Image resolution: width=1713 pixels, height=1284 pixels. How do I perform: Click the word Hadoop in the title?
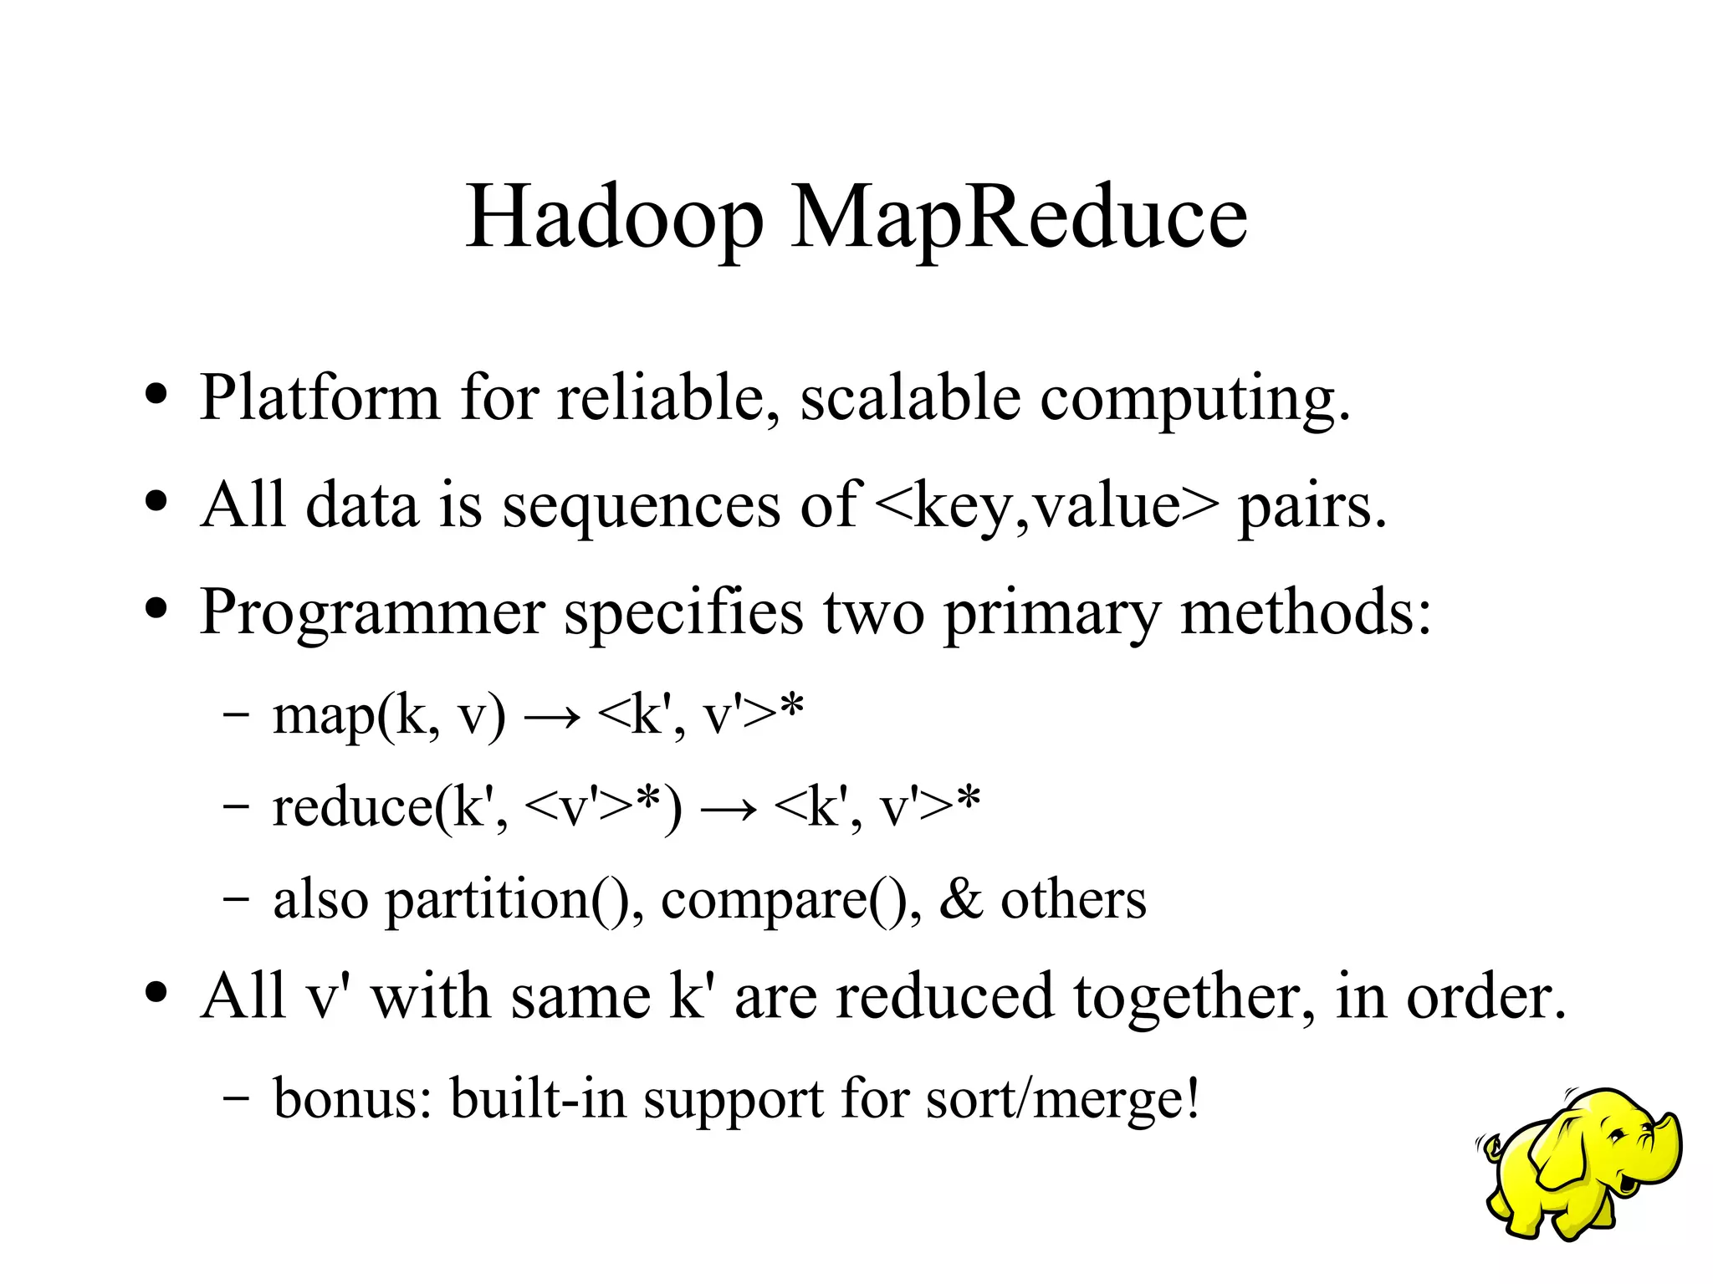[614, 217]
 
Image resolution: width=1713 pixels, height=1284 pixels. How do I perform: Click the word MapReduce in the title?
[1018, 217]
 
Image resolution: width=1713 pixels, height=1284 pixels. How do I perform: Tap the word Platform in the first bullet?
[320, 396]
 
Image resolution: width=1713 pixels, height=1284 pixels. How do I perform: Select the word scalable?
[910, 396]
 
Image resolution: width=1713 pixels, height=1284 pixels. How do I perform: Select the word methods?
[1305, 612]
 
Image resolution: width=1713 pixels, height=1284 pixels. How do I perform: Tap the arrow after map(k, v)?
[551, 718]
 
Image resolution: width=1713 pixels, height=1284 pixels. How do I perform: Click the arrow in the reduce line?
[728, 810]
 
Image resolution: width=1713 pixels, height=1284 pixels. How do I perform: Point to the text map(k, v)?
[389, 718]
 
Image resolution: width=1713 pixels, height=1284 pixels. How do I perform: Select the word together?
[1195, 997]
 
